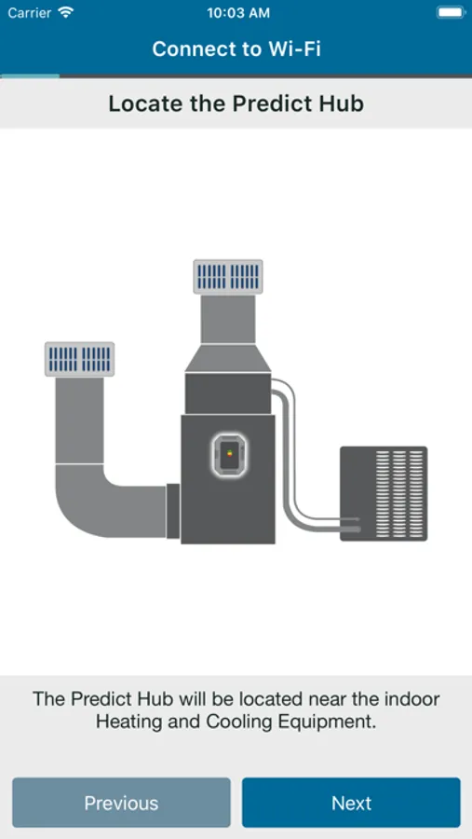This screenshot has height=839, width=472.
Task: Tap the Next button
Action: tap(351, 803)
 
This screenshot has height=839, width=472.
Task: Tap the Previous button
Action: tap(121, 803)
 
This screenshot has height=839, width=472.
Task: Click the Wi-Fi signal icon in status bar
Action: tap(66, 12)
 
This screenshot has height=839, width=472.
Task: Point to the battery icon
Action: tap(451, 12)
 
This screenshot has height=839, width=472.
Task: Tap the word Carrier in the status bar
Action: tap(30, 13)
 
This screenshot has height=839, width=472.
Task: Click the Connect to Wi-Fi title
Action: tap(236, 49)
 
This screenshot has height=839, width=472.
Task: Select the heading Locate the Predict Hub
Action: tap(236, 103)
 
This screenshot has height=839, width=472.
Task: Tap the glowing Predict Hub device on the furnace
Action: tap(230, 455)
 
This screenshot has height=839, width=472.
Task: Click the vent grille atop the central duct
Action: tap(228, 277)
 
